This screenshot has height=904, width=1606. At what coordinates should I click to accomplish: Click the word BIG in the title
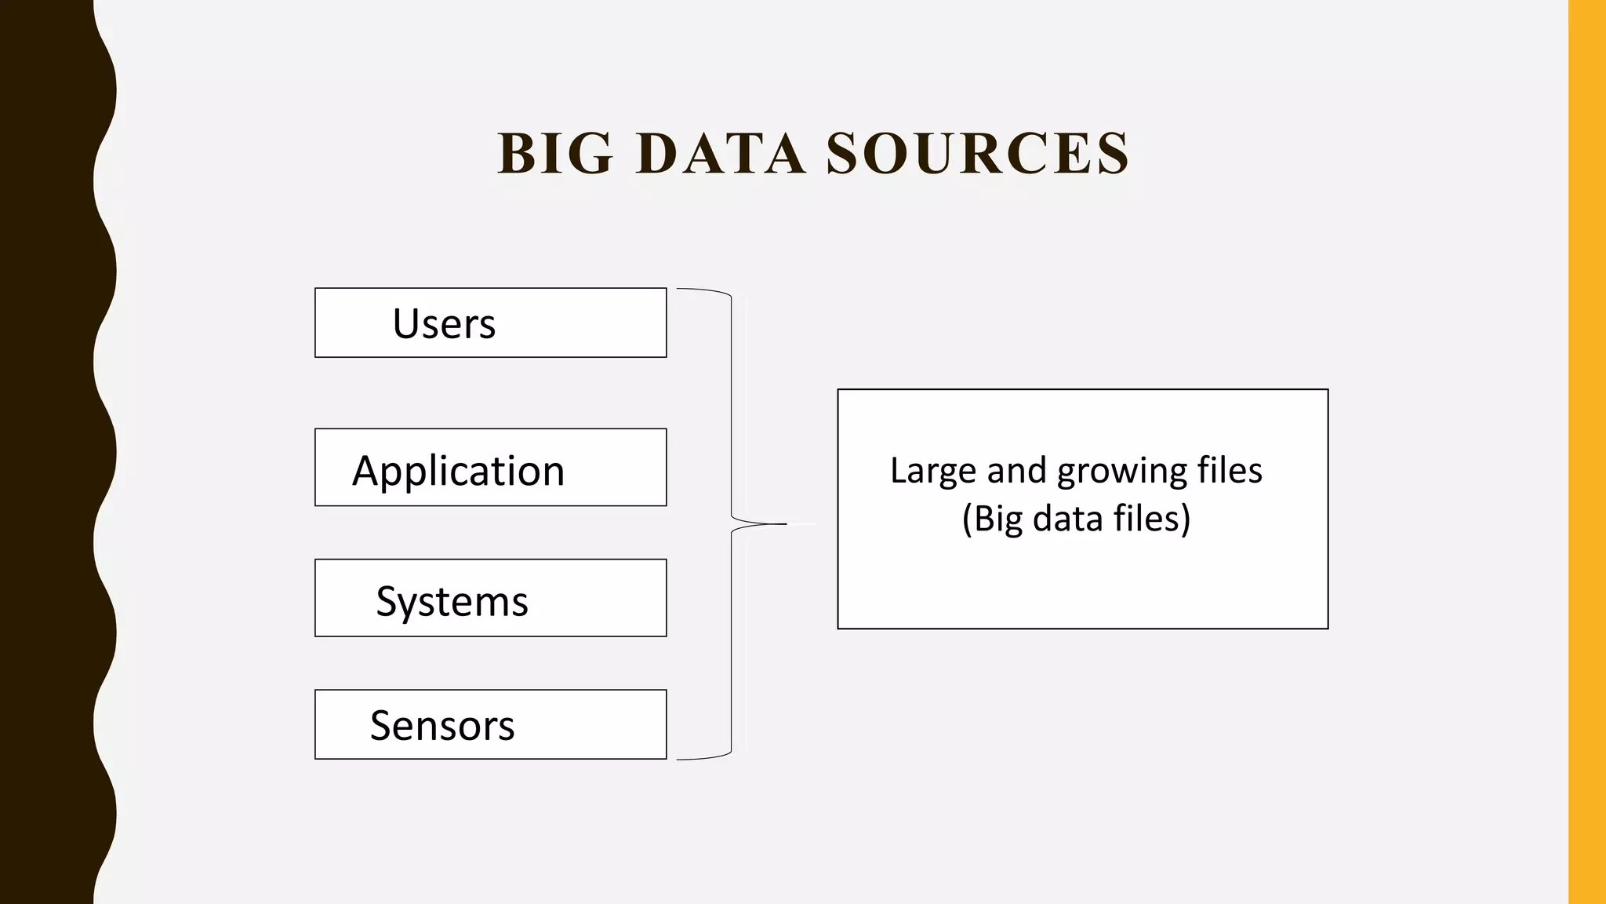[x=555, y=153]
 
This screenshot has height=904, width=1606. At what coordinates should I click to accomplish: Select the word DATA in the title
[x=721, y=153]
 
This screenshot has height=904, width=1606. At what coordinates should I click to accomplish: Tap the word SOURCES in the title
[x=978, y=153]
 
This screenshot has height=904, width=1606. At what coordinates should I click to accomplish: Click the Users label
[x=444, y=323]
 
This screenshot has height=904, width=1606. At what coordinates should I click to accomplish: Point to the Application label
[x=458, y=471]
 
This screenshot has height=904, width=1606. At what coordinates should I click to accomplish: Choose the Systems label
[x=452, y=602]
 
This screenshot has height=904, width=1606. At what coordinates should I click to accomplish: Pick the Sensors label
[x=442, y=725]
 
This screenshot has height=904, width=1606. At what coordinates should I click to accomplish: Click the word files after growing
[x=1230, y=471]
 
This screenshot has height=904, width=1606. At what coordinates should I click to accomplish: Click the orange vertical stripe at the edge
[x=1587, y=452]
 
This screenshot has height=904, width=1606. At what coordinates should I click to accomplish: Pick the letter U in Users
[x=405, y=323]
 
